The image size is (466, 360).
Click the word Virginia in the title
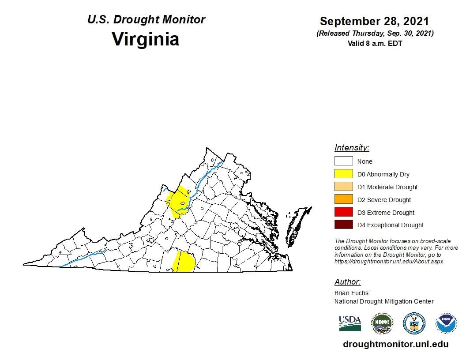(x=145, y=39)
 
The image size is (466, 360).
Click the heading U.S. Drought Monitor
(x=146, y=20)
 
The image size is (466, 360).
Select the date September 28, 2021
(x=374, y=21)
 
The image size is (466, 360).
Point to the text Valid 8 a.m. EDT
(x=375, y=43)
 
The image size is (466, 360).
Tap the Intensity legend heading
(x=352, y=148)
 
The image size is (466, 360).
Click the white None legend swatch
(x=343, y=161)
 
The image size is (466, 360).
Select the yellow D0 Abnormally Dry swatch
(x=343, y=174)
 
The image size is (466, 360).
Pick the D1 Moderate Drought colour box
(x=343, y=187)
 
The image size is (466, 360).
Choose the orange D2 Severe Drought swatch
(x=343, y=200)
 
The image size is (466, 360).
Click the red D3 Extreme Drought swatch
(x=343, y=213)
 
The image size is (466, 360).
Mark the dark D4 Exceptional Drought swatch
(x=343, y=225)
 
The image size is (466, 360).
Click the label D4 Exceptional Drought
(x=390, y=225)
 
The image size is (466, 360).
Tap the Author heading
(x=347, y=282)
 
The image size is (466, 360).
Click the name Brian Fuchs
(x=351, y=293)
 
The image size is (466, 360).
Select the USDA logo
(x=350, y=323)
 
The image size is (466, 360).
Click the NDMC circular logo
(x=382, y=323)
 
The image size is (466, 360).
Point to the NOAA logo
(x=446, y=323)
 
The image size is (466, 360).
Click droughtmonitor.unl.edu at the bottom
(x=395, y=344)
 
